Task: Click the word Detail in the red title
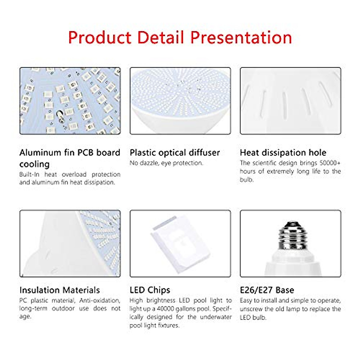pyautogui.click(x=161, y=37)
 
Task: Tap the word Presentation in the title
pyautogui.click(x=241, y=37)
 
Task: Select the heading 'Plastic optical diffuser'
pyautogui.click(x=175, y=153)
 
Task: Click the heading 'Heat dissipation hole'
pyautogui.click(x=283, y=153)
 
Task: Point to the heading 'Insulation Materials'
pyautogui.click(x=60, y=290)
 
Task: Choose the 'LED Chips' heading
pyautogui.click(x=150, y=290)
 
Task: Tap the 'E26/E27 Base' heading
pyautogui.click(x=267, y=290)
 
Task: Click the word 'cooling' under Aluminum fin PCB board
pyautogui.click(x=34, y=164)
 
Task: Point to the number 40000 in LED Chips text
pyautogui.click(x=164, y=309)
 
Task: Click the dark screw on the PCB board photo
pyautogui.click(x=60, y=116)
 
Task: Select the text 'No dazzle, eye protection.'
pyautogui.click(x=166, y=163)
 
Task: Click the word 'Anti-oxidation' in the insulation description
pyautogui.click(x=100, y=301)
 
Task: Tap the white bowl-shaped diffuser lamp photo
pyautogui.click(x=180, y=101)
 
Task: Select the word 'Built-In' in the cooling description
pyautogui.click(x=29, y=175)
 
